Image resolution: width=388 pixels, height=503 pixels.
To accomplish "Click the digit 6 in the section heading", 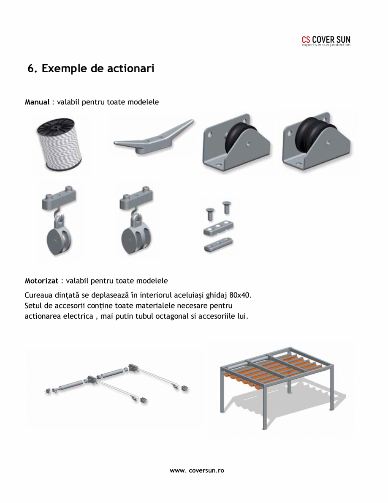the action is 31,68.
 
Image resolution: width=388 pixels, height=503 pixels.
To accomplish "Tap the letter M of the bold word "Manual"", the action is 28,102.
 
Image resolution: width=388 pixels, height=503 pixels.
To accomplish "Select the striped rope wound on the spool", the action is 60,148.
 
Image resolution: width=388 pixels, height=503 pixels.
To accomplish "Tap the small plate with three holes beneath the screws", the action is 219,228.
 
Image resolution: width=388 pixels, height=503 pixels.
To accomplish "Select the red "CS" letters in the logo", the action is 306,39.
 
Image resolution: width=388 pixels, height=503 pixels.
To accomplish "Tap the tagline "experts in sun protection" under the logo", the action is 326,45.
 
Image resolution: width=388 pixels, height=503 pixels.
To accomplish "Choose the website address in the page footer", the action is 197,470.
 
